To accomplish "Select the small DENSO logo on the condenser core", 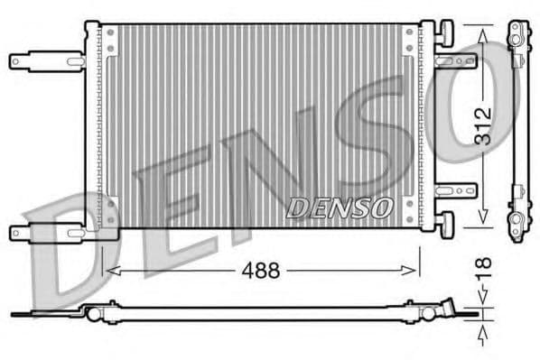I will point(340,208).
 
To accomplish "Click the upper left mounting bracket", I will point(45,61).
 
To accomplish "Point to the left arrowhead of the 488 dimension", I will point(109,270).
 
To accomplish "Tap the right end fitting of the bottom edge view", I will point(452,312).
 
